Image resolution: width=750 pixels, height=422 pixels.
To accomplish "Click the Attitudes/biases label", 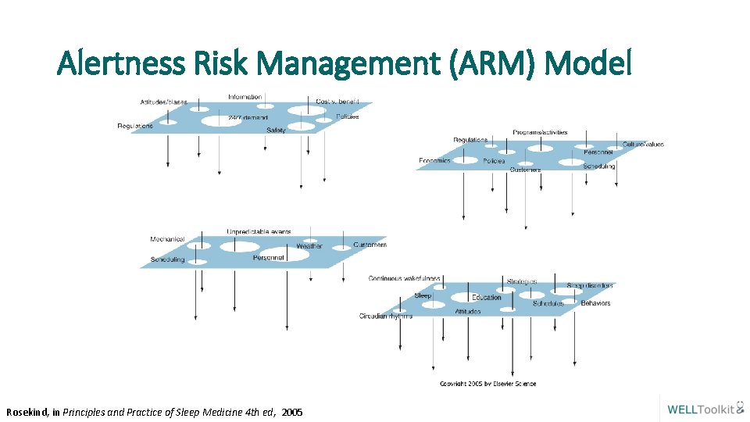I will click(x=163, y=102).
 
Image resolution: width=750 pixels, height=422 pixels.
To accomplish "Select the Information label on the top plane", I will click(x=245, y=97).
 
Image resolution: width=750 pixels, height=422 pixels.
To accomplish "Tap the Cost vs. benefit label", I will click(x=337, y=102).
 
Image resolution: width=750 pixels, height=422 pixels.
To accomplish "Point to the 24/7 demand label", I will click(x=248, y=118).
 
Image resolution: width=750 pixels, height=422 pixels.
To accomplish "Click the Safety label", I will click(x=276, y=130).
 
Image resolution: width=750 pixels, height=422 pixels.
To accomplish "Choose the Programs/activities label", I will click(x=540, y=132).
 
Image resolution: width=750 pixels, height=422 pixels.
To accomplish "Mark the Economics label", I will click(x=434, y=161).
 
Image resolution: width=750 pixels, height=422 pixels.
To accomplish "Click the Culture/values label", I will click(x=643, y=145).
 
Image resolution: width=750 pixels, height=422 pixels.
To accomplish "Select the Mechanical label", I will click(x=167, y=239).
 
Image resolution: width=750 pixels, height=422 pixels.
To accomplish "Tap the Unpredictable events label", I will click(x=259, y=231).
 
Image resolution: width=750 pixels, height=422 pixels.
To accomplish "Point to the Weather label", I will click(x=309, y=247).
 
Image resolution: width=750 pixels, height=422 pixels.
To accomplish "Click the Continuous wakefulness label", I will click(x=404, y=278).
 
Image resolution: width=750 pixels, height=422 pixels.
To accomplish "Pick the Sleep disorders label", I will click(x=591, y=285).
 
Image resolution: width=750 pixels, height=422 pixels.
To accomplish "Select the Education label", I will click(x=487, y=297).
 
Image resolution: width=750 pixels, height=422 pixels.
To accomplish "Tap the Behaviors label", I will click(x=595, y=303).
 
